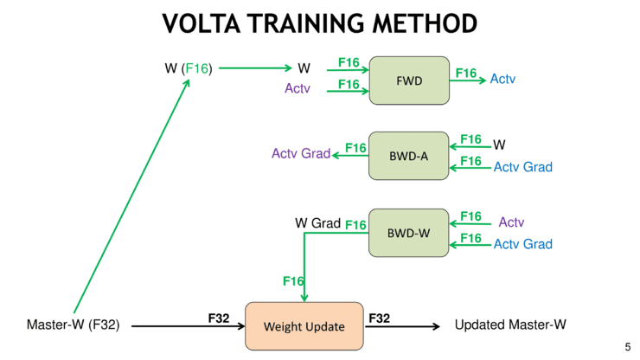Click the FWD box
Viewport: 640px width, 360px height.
point(409,80)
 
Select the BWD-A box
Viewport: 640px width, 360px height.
point(409,155)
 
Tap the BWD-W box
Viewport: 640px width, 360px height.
point(409,232)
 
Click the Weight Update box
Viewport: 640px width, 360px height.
point(304,326)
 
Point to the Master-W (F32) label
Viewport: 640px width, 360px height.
point(73,325)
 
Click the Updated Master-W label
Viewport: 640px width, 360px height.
point(510,325)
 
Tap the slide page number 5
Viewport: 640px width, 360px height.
point(628,347)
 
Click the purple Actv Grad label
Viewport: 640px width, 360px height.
point(301,154)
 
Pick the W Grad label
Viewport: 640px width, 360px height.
point(318,223)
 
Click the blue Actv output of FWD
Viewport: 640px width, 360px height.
point(502,79)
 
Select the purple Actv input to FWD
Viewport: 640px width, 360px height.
point(298,87)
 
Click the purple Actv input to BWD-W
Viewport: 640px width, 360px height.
point(511,222)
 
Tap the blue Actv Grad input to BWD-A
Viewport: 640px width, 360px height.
point(522,167)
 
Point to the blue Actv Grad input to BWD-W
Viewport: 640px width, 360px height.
point(522,244)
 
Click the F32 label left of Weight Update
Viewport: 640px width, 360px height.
point(219,318)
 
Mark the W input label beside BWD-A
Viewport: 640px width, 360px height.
point(499,144)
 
